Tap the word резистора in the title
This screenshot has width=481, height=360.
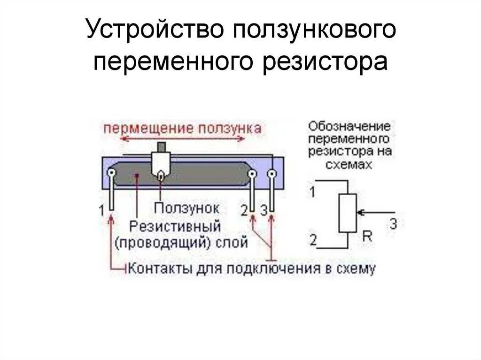coord(325,62)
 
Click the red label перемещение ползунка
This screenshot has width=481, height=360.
coord(182,128)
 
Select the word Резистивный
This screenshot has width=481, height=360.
coord(175,226)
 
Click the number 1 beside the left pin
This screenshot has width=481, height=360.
coord(101,210)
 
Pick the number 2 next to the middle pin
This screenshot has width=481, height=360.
coord(244,210)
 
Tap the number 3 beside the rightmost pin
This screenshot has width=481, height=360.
coord(264,210)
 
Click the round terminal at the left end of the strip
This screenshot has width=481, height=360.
coord(111,174)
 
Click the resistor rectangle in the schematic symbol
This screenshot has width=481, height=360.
coord(348,213)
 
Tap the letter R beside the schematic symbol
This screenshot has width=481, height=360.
coord(367,237)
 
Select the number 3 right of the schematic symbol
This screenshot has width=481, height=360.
coord(394,224)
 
